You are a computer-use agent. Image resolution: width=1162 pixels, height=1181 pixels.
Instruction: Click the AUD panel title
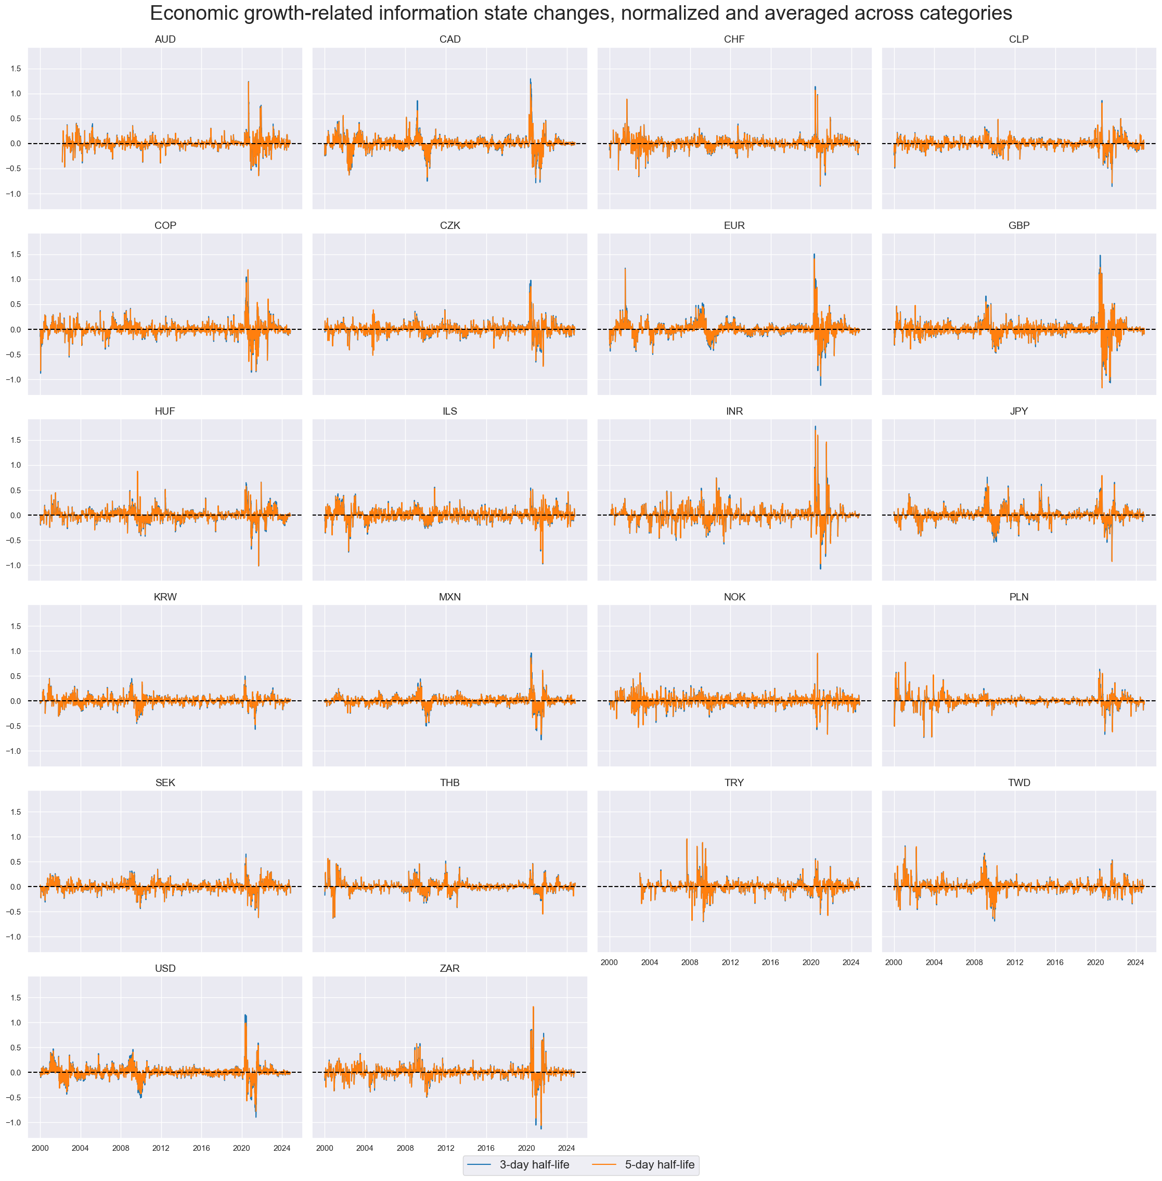click(x=165, y=40)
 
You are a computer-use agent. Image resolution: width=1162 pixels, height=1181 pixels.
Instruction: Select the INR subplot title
click(x=734, y=412)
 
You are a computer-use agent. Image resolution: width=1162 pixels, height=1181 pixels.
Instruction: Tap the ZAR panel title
click(x=450, y=969)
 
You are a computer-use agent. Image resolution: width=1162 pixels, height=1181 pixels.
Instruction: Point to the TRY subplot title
click(x=734, y=782)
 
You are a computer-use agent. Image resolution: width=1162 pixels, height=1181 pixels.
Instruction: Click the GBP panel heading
click(x=1018, y=225)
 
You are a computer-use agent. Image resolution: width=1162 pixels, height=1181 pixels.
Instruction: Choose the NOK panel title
click(x=734, y=597)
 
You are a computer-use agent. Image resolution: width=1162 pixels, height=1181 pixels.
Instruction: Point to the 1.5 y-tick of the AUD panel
click(x=15, y=69)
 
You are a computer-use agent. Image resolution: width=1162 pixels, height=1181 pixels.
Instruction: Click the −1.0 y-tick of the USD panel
click(x=14, y=1123)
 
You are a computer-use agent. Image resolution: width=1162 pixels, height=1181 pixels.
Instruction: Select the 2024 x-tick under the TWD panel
click(x=1135, y=962)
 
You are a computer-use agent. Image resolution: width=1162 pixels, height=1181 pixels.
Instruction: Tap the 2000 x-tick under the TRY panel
click(x=609, y=962)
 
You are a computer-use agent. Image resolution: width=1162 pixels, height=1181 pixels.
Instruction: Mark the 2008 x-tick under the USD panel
click(x=121, y=1148)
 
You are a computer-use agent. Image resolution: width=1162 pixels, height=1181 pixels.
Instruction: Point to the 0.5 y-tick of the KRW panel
click(x=15, y=676)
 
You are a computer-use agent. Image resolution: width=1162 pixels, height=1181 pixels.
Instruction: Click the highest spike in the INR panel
click(x=816, y=427)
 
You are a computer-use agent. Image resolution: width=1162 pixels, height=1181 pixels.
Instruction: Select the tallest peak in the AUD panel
click(x=249, y=82)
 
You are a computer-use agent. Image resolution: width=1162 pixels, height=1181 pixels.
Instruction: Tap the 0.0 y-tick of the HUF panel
click(x=15, y=515)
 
